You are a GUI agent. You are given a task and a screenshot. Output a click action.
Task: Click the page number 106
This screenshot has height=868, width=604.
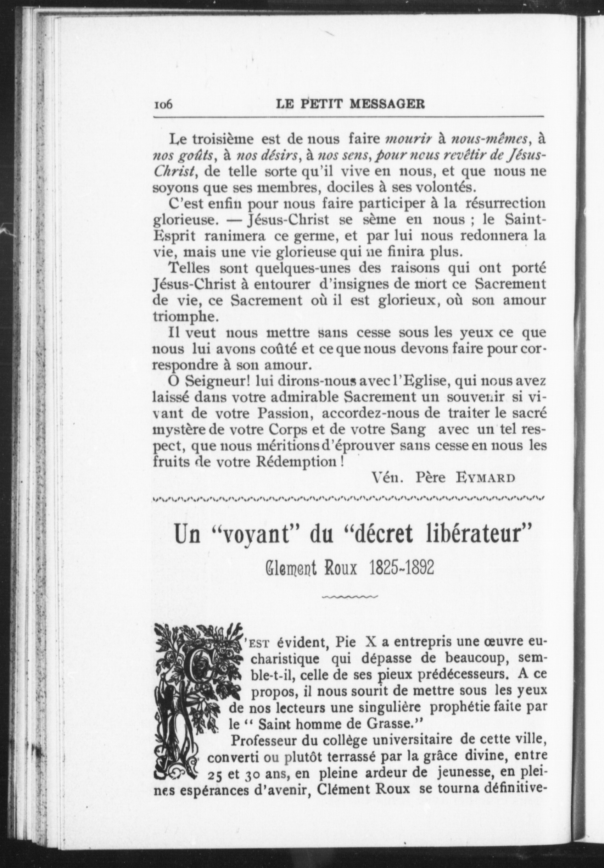[x=163, y=104]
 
